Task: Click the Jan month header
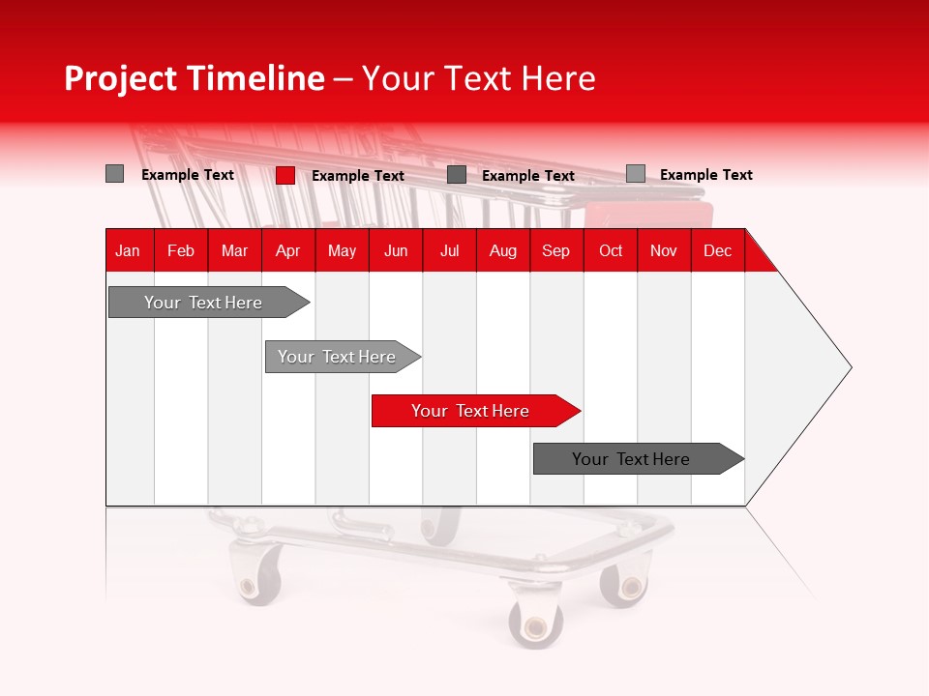pyautogui.click(x=128, y=250)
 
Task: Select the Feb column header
pyautogui.click(x=181, y=250)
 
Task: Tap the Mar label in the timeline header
pyautogui.click(x=234, y=250)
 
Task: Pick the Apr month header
pyautogui.click(x=287, y=250)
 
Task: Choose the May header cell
pyautogui.click(x=342, y=250)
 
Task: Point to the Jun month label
pyautogui.click(x=396, y=250)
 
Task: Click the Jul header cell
pyautogui.click(x=449, y=250)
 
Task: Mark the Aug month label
pyautogui.click(x=502, y=250)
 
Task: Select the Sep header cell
pyautogui.click(x=555, y=250)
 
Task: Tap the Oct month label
pyautogui.click(x=611, y=250)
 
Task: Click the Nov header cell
pyautogui.click(x=664, y=250)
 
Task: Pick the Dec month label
pyautogui.click(x=717, y=250)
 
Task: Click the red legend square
pyautogui.click(x=285, y=175)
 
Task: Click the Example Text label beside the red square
pyautogui.click(x=358, y=176)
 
